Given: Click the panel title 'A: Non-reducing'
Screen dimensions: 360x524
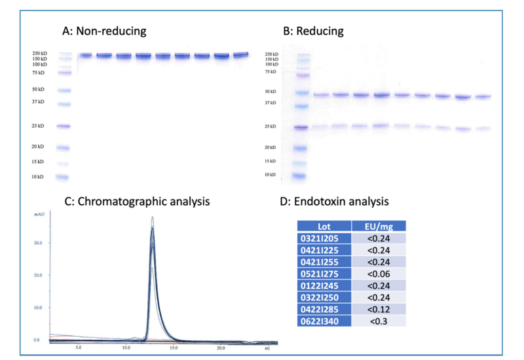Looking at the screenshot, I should (103, 31).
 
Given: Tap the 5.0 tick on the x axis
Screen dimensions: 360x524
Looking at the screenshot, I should (79, 348).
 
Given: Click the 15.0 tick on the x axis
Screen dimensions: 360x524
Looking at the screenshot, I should (174, 348).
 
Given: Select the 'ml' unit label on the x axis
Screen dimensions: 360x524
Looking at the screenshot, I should (267, 348).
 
